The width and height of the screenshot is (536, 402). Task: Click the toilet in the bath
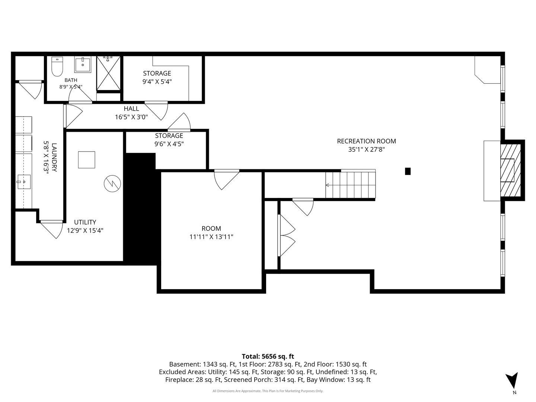pyautogui.click(x=57, y=66)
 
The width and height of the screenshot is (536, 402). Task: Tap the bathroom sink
pyautogui.click(x=83, y=64)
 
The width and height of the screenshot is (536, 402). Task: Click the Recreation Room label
pyautogui.click(x=366, y=141)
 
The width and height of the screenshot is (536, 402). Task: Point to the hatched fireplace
pyautogui.click(x=510, y=170)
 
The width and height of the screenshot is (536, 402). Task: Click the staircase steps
pyautogui.click(x=350, y=185)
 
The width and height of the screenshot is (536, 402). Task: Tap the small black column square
pyautogui.click(x=408, y=171)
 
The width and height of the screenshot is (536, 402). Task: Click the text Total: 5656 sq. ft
pyautogui.click(x=268, y=356)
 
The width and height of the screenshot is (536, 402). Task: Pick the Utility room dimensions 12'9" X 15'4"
pyautogui.click(x=85, y=230)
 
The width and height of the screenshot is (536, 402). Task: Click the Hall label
pyautogui.click(x=131, y=109)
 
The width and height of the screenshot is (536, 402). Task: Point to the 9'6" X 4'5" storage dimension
pyautogui.click(x=169, y=144)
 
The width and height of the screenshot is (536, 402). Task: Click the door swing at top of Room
pyautogui.click(x=226, y=180)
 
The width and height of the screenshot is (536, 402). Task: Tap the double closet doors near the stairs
pyautogui.click(x=286, y=236)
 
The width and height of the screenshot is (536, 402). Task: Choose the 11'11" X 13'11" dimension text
pyautogui.click(x=211, y=237)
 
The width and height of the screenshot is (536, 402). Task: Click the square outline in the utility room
pyautogui.click(x=87, y=160)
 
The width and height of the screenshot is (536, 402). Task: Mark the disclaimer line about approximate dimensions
pyautogui.click(x=268, y=391)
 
